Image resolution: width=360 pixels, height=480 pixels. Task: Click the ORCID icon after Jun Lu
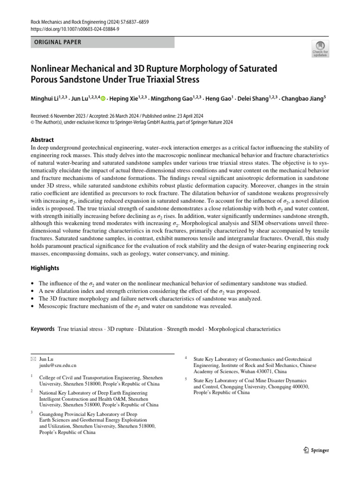pyautogui.click(x=103, y=98)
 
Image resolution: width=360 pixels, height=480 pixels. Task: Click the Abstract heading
pyautogui.click(x=42, y=140)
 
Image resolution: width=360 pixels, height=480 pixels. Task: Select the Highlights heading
pyautogui.click(x=45, y=268)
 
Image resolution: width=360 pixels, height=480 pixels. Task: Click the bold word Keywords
pyautogui.click(x=43, y=329)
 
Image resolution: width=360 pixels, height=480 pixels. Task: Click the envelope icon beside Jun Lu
pyautogui.click(x=33, y=358)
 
